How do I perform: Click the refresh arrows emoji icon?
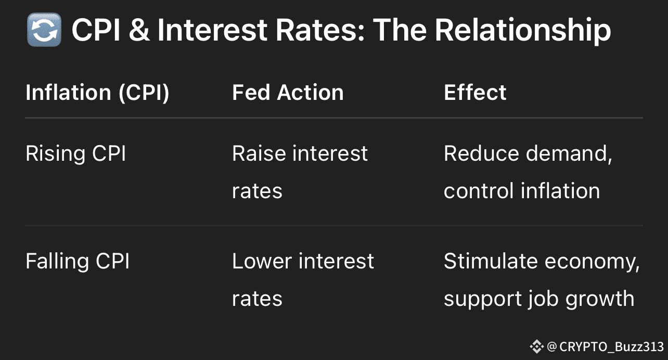pos(44,30)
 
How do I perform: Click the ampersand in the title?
pos(139,30)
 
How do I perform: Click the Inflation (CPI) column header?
pos(97,93)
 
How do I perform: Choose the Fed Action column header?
pos(288,93)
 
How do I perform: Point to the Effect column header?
pos(475,93)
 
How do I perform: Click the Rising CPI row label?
pos(76,154)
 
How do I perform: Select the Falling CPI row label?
pos(78,262)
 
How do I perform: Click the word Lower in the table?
pos(262,261)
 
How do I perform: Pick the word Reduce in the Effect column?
pos(481,153)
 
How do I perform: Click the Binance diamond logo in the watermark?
pos(537,346)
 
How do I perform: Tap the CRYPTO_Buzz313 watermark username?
pos(611,347)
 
